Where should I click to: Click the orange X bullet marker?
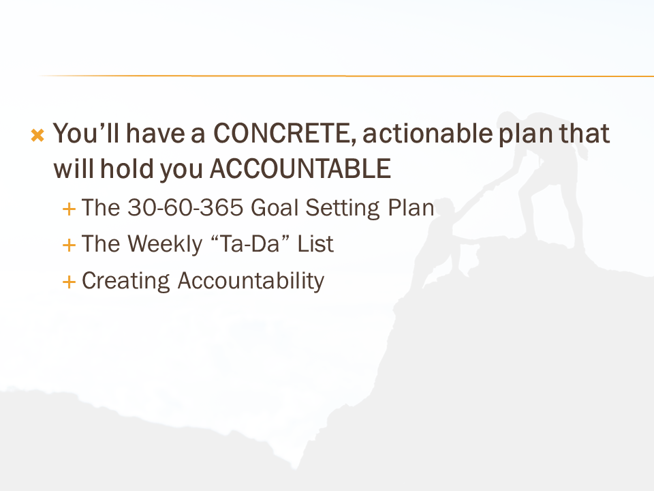coord(37,135)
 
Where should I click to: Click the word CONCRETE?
coord(285,134)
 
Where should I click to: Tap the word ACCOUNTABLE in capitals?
coord(300,169)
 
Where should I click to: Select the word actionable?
coord(428,134)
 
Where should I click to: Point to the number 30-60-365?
coord(185,207)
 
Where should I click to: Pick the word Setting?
coord(343,209)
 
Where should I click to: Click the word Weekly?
coord(165,244)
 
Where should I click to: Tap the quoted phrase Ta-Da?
coord(250,244)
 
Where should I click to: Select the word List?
coord(315,244)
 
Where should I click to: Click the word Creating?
coord(125,281)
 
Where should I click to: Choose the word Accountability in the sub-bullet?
coord(251,281)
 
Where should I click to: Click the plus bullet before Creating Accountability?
coord(69,282)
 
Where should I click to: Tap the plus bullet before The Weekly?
coord(69,245)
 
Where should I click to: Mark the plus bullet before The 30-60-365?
coord(69,209)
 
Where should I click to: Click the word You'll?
coord(87,134)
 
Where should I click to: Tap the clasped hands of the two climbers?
coord(484,190)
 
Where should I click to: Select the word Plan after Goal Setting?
coord(411,207)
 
